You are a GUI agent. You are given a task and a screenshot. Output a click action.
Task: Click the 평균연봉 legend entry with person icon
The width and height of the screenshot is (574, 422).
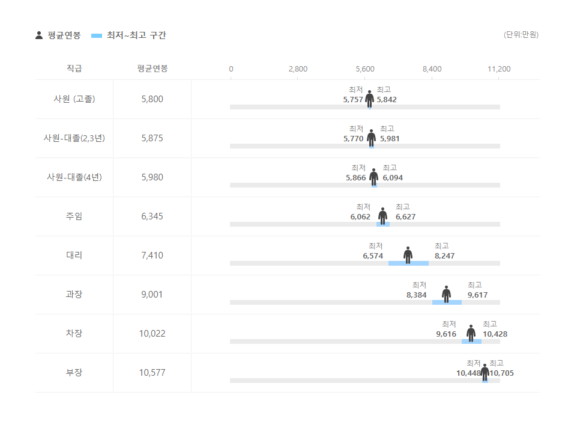[58, 35]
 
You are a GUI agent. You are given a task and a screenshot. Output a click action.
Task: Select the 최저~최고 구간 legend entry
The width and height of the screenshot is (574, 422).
[128, 35]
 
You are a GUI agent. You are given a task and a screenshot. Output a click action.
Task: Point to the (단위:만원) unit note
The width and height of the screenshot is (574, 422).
[521, 35]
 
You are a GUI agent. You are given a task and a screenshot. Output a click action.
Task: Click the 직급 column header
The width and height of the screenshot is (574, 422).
[74, 69]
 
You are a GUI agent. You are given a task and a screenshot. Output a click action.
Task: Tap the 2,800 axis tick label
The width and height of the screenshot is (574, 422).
[298, 69]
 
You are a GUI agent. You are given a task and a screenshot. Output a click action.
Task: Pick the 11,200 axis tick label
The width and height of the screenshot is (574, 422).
[499, 69]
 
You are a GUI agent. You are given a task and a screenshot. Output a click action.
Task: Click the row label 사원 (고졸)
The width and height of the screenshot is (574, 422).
[74, 99]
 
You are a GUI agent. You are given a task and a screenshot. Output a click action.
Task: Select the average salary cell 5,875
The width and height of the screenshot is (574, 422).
[152, 138]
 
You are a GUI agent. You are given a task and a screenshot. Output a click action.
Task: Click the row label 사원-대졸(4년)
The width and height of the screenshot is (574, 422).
[74, 177]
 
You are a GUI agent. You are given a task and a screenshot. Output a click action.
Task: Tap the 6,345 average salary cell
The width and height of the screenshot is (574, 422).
[152, 216]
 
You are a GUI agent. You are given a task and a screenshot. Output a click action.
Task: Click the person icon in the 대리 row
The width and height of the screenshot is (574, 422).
[408, 255]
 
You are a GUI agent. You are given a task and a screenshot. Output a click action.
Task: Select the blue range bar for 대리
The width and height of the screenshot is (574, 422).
[408, 263]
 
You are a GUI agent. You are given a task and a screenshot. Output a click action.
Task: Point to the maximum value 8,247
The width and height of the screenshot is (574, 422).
[444, 256]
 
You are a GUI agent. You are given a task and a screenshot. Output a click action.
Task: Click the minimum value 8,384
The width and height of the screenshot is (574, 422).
[416, 295]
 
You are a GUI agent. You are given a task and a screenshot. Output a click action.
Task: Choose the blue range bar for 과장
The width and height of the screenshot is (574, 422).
[447, 302]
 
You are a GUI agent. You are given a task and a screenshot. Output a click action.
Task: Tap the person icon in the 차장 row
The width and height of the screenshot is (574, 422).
[471, 332]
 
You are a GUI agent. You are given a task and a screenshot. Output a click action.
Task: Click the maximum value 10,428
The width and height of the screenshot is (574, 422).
[495, 334]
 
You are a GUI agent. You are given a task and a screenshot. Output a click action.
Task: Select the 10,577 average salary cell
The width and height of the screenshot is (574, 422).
[152, 373]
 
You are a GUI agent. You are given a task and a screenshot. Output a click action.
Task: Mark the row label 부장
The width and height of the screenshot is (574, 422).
[74, 373]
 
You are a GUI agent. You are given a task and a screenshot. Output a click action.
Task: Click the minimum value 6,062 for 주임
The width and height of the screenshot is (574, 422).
[360, 217]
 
